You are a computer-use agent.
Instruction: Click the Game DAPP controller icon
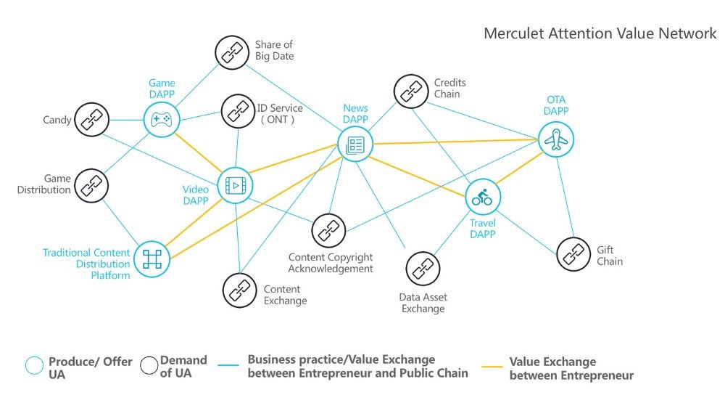pos(162,120)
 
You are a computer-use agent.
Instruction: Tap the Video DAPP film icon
pos(236,186)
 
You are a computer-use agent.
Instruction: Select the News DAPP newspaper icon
pos(355,144)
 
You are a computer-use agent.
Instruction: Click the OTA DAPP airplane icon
pos(556,139)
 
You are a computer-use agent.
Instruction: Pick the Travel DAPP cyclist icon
pos(483,197)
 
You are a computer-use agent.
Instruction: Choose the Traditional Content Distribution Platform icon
pos(152,259)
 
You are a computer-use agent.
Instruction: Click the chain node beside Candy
pos(91,120)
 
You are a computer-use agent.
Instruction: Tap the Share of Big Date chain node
pos(232,53)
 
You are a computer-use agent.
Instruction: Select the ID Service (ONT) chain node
pos(238,111)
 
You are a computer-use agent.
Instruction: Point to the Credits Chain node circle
pos(411,91)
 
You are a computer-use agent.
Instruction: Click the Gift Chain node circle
pos(573,253)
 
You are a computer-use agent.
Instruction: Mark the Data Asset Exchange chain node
pos(423,269)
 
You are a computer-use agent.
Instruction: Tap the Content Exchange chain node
pos(239,290)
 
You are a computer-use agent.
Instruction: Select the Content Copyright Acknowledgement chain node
pos(328,231)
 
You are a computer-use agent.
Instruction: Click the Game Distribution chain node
pos(91,186)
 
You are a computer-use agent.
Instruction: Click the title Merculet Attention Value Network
pos(600,33)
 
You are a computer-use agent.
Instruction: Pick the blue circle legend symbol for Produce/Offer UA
pos(34,365)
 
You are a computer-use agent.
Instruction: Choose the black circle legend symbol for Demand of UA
pos(149,365)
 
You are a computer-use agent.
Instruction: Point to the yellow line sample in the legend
pos(492,367)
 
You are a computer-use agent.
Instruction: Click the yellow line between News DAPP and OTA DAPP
pos(455,142)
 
